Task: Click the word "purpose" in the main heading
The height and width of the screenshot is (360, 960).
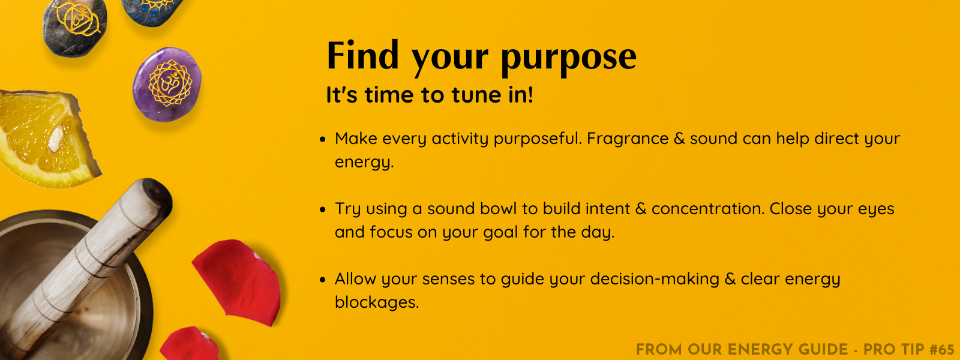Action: [569, 58]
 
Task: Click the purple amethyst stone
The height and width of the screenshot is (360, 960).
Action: [167, 85]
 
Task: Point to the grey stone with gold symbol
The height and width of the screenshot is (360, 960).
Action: [74, 27]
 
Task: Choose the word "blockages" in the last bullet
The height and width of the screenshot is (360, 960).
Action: [376, 302]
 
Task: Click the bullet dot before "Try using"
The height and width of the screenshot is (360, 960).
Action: [323, 209]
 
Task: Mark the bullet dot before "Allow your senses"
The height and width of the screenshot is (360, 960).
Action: [323, 280]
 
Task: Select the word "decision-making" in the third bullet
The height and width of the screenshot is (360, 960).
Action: [655, 280]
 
